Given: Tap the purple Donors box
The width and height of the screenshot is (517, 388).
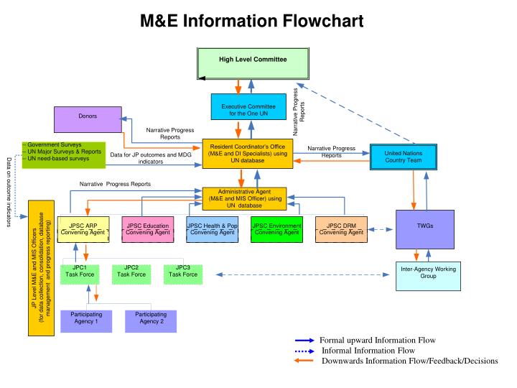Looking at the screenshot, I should (88, 119).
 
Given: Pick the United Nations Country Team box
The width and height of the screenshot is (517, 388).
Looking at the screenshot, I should (404, 157).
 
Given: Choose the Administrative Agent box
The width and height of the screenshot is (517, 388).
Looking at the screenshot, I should (248, 198).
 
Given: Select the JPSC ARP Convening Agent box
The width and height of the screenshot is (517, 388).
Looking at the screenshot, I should (83, 228).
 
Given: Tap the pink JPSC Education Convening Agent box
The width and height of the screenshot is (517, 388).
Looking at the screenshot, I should (146, 228).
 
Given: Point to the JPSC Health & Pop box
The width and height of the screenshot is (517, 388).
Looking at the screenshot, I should (212, 228).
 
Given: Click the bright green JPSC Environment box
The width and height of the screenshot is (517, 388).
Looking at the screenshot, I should (276, 228).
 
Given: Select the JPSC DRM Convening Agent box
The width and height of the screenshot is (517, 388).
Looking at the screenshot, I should (341, 228).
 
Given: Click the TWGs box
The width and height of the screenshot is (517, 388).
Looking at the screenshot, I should (424, 228).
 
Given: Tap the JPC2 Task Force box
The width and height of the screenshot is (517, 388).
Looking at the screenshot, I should (131, 274).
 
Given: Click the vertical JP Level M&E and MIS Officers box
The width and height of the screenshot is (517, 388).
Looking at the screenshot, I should (42, 269).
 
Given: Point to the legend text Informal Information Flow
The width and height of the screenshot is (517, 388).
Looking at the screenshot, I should (368, 350).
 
